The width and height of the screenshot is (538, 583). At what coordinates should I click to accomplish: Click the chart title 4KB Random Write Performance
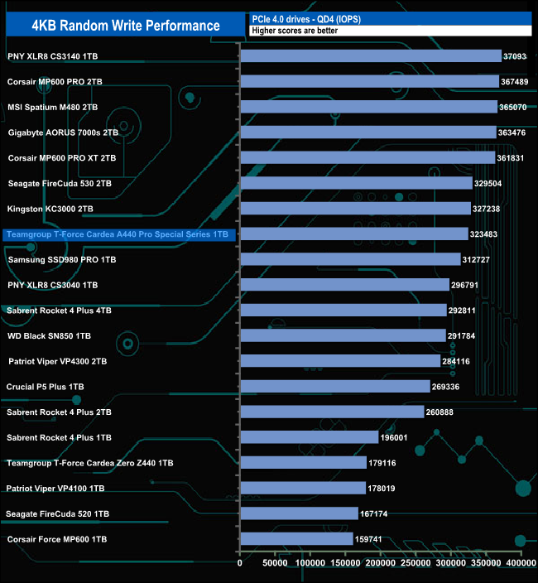point(126,25)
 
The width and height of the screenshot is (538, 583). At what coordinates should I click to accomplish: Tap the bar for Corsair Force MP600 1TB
point(296,539)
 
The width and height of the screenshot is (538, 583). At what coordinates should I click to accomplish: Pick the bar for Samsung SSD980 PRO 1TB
point(350,259)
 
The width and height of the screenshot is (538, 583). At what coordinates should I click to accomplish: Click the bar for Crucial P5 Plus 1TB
point(334,386)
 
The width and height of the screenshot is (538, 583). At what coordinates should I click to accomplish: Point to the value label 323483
point(487,234)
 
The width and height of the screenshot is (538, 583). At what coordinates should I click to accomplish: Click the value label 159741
point(372,539)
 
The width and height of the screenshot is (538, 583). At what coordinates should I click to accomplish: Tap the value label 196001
point(397,437)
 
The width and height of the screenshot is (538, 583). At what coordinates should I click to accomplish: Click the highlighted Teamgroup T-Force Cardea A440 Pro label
point(117,235)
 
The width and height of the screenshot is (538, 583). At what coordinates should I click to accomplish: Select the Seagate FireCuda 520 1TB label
point(57,514)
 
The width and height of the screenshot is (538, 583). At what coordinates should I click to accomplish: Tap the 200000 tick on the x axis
point(381,563)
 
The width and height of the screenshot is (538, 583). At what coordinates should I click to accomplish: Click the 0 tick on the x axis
point(240,563)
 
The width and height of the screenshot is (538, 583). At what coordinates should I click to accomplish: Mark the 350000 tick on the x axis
point(486,563)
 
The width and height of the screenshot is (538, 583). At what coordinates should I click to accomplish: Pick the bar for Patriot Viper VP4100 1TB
point(303,489)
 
